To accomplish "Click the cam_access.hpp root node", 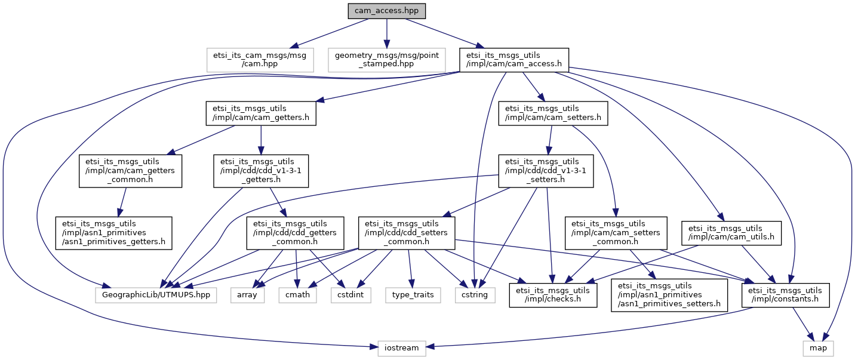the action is point(386,11).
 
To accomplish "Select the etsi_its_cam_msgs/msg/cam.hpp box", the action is point(260,60).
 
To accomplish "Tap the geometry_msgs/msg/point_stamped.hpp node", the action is point(387,60).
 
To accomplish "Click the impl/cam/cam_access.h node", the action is point(513,60).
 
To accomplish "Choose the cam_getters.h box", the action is point(261,113).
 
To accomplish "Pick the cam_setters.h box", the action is point(553,113).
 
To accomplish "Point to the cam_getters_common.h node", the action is point(130,171).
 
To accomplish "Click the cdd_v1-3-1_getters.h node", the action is point(261,171).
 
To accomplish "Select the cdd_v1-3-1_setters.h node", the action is point(546,171).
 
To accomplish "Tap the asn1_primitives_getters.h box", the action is point(114,233).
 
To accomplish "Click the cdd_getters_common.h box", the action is point(295,233).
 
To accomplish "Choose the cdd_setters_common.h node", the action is point(407,233).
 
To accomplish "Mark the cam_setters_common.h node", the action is point(616,233).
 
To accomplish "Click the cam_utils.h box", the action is point(731,233).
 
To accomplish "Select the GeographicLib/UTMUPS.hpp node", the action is point(156,295).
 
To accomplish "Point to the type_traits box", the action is point(413,295).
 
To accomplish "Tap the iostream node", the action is point(402,349).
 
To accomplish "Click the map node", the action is point(818,349).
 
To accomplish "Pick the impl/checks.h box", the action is point(553,295).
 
